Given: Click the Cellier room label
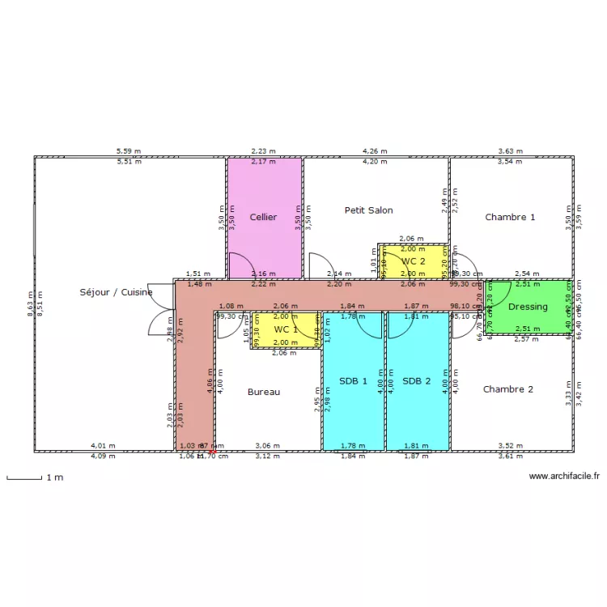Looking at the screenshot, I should [x=263, y=217].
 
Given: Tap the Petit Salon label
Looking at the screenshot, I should [x=368, y=210].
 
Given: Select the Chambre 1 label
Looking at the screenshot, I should [x=510, y=217].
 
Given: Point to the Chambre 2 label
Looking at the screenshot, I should [x=507, y=389].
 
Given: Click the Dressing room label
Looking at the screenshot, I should [x=528, y=307].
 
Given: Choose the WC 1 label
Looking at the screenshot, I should [x=286, y=330].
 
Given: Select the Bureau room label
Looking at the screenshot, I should [x=264, y=392].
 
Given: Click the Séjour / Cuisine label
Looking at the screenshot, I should [x=116, y=292].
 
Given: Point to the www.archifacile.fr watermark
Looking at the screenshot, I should [x=563, y=478].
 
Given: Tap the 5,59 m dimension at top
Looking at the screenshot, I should [x=128, y=151].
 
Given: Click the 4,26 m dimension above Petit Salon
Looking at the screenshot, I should [x=375, y=151].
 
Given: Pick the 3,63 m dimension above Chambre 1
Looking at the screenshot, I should [x=510, y=151].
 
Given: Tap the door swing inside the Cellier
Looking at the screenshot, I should [x=240, y=265].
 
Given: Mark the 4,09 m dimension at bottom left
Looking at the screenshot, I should [x=103, y=456].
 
